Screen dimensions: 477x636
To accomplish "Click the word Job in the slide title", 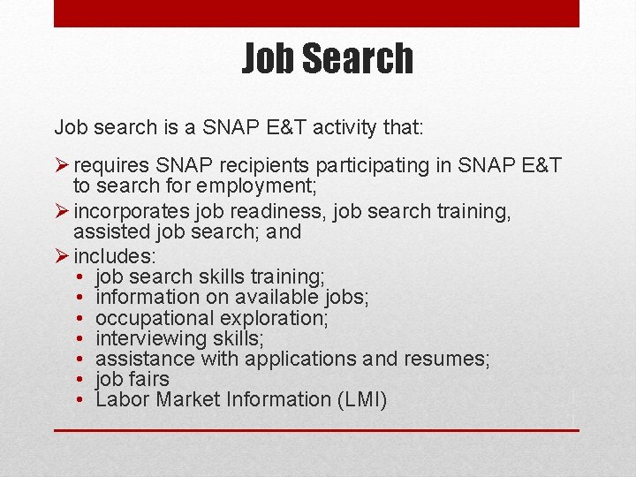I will (268, 58).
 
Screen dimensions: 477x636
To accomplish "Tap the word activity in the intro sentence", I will (333, 127).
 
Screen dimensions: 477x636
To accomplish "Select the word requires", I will (112, 166).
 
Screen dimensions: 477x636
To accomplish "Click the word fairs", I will (148, 379).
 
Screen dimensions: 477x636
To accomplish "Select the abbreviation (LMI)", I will (361, 399).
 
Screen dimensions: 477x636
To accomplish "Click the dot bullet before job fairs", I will (79, 379).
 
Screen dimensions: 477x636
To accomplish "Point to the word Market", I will (188, 399).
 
